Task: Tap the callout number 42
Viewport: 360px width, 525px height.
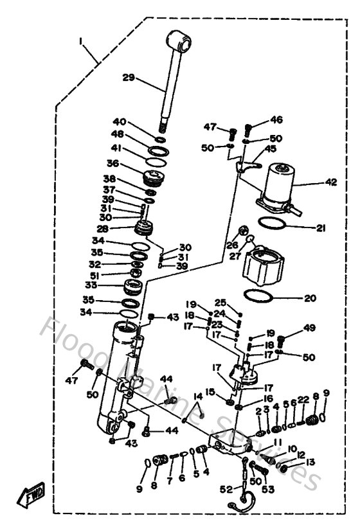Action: coord(330,182)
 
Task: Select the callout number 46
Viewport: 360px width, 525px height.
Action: coord(276,120)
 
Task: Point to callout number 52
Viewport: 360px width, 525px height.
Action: coord(226,489)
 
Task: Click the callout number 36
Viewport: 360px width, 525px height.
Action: coord(113,163)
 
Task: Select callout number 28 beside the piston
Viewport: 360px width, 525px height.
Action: coord(120,229)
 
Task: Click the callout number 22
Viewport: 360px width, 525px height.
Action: coord(303,400)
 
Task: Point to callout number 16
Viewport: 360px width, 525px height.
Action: coord(250,399)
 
